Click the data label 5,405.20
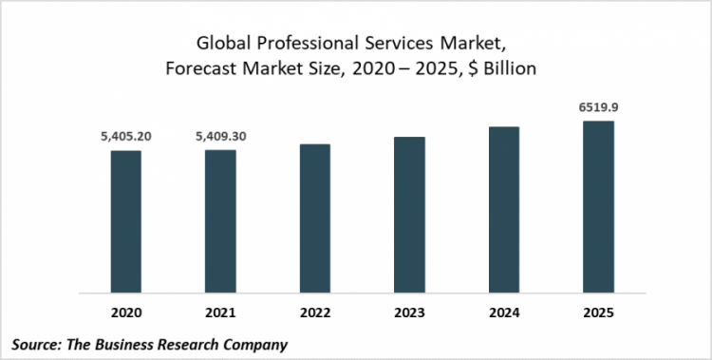125,137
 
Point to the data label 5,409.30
220,137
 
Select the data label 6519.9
598,108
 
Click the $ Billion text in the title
500,68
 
